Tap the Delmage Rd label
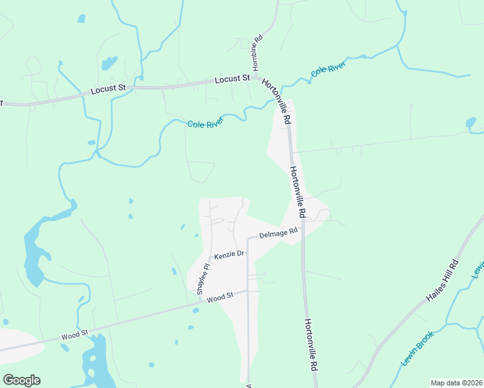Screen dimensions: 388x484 pyautogui.click(x=278, y=233)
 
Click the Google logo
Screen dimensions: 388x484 pyautogui.click(x=21, y=380)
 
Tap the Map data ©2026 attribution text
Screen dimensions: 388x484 pyautogui.click(x=456, y=383)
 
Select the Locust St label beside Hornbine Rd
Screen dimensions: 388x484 pyautogui.click(x=232, y=79)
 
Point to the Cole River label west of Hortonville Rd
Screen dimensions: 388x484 pyautogui.click(x=205, y=122)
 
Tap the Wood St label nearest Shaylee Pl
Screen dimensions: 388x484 pyautogui.click(x=220, y=297)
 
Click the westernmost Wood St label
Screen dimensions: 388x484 pyautogui.click(x=74, y=336)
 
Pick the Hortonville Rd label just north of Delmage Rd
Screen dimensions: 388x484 pyautogui.click(x=297, y=191)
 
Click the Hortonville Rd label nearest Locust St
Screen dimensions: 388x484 pyautogui.click(x=276, y=102)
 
